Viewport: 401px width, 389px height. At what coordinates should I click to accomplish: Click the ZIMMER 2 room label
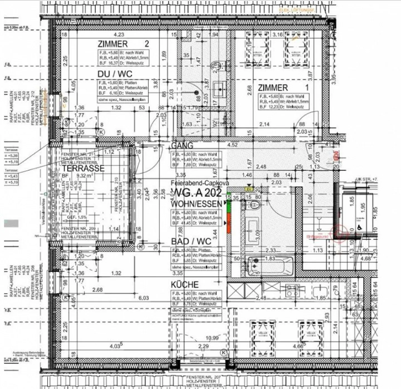point(123,44)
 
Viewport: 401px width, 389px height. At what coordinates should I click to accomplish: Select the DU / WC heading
point(115,74)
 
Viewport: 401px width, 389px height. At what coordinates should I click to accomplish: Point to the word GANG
point(182,146)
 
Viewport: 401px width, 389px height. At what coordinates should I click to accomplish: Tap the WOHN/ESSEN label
point(197,204)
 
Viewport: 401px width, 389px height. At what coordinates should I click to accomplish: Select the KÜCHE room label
point(185,285)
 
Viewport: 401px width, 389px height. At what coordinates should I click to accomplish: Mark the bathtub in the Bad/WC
point(270,266)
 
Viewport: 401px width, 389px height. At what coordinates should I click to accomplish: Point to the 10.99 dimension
point(212,338)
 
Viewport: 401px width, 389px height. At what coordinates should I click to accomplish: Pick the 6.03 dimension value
point(143,298)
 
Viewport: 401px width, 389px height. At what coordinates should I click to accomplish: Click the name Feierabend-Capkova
point(200,183)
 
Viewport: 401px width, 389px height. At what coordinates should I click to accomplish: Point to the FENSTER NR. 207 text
point(203,377)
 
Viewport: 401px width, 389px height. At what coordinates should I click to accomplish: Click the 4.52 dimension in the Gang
point(232,145)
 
